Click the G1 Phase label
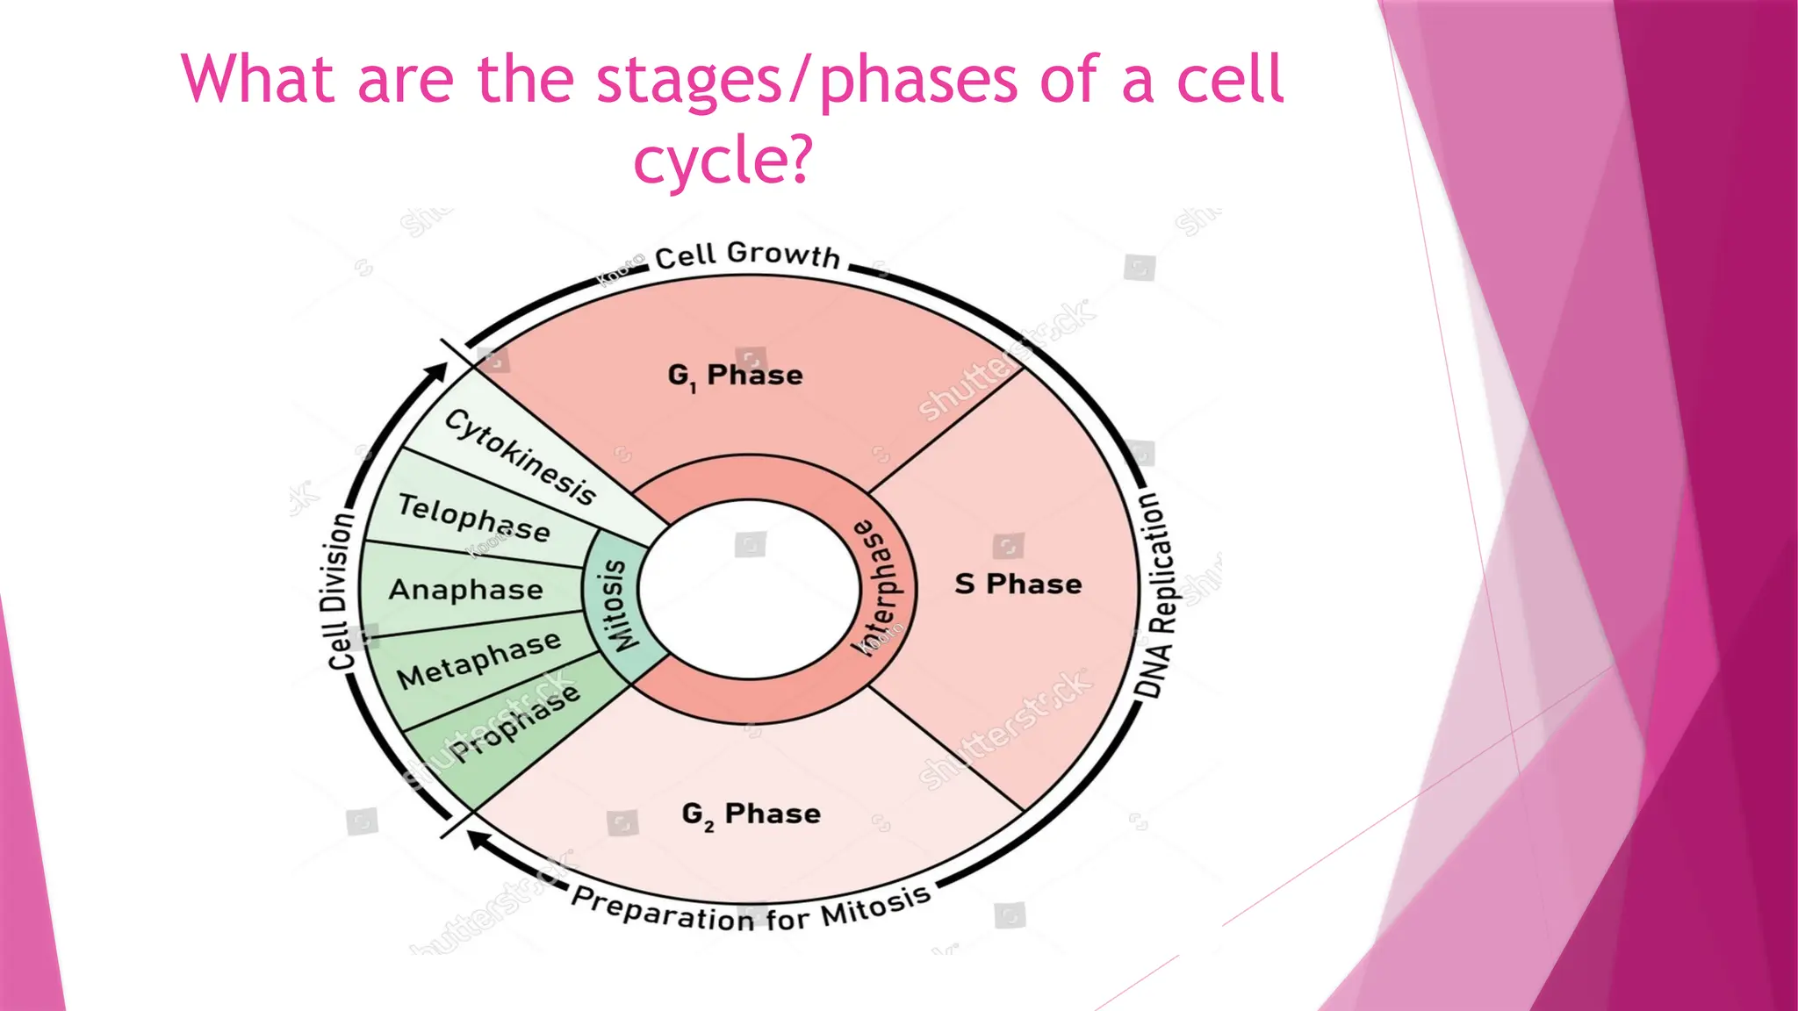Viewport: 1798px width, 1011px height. point(736,376)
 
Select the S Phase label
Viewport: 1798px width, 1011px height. point(1018,584)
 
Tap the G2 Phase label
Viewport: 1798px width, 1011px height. point(752,814)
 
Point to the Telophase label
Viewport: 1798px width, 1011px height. point(474,518)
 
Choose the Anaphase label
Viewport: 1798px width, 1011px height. point(466,590)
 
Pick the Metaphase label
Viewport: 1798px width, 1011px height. point(478,661)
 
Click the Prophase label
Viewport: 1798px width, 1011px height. point(515,722)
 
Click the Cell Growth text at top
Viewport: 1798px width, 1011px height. point(748,255)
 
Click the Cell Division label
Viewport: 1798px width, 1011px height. point(339,592)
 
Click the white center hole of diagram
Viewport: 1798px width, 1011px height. point(750,588)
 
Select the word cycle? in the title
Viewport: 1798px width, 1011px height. point(723,160)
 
